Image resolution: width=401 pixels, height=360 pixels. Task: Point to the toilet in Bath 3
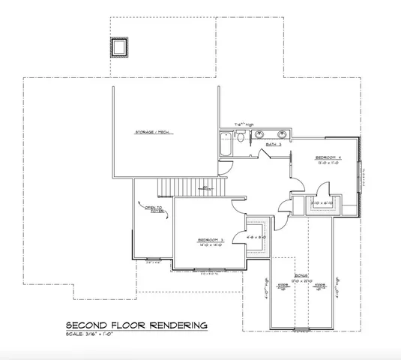coord(239,137)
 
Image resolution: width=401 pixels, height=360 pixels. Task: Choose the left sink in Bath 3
coord(259,136)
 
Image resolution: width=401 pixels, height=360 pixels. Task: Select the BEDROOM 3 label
coord(211,241)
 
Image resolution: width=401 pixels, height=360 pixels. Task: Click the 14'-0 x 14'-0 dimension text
coord(211,246)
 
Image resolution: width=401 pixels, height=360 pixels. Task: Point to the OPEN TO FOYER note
coord(154,211)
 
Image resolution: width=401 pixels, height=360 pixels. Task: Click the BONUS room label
coord(301,276)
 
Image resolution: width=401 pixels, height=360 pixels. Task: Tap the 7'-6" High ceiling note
coord(245,124)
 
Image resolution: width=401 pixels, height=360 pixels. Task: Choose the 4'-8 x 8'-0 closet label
coord(257,237)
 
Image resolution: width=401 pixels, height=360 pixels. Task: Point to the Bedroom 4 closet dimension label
coord(324,202)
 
